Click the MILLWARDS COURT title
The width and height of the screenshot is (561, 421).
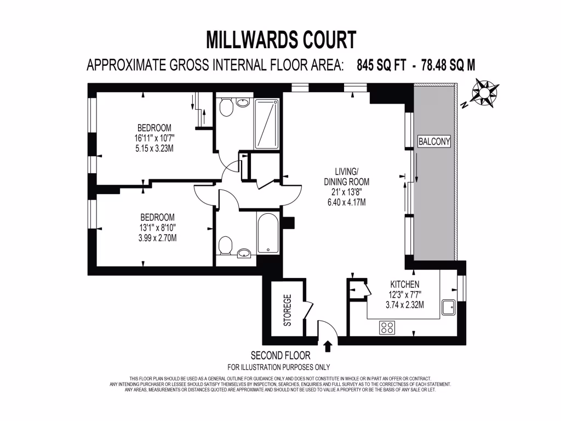pyautogui.click(x=280, y=40)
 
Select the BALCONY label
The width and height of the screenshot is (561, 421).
pyautogui.click(x=434, y=141)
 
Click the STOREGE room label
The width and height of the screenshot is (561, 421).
pyautogui.click(x=287, y=310)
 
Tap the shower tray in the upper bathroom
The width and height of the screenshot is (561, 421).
pyautogui.click(x=266, y=124)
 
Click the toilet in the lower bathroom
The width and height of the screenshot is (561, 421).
pyautogui.click(x=224, y=245)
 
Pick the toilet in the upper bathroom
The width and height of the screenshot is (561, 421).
pyautogui.click(x=225, y=109)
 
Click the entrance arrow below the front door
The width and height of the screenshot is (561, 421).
pyautogui.click(x=328, y=346)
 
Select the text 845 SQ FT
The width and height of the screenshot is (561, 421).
pyautogui.click(x=381, y=65)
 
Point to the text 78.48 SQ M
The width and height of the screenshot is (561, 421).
pyautogui.click(x=448, y=65)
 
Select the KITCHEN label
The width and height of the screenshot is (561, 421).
pyautogui.click(x=404, y=285)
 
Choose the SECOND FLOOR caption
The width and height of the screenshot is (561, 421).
pyautogui.click(x=280, y=355)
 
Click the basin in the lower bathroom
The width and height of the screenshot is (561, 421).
pyautogui.click(x=244, y=253)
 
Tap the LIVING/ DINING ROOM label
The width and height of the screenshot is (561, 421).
pyautogui.click(x=344, y=177)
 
